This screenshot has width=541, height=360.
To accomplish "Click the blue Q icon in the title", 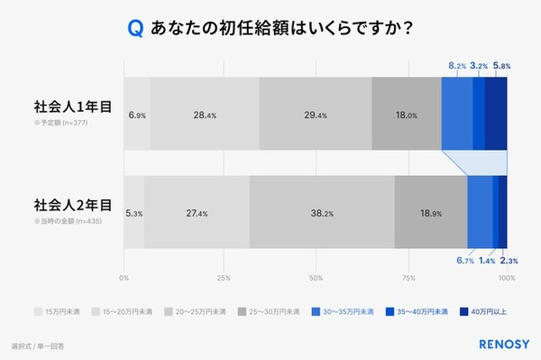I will tap(135, 29).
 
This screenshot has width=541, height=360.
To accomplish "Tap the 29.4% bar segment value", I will tap(315, 115).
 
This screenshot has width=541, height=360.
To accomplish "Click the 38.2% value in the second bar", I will tap(323, 213).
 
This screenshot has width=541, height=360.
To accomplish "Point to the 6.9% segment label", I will tap(137, 115).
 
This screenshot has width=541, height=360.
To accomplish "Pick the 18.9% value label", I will tap(431, 213).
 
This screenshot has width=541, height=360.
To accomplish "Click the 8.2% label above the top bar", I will tap(457, 66).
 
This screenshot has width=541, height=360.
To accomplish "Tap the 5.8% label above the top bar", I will tap(502, 66).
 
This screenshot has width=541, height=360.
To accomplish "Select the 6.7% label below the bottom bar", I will tap(465, 261).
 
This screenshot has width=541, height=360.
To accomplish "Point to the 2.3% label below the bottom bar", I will tap(509, 261).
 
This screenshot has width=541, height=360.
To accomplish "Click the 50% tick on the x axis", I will tap(316, 278).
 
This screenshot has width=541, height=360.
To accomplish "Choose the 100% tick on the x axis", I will tap(507, 278).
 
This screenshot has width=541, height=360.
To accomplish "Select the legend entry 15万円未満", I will tap(59, 312).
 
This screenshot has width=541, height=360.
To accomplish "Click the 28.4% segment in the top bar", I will tap(205, 115).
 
